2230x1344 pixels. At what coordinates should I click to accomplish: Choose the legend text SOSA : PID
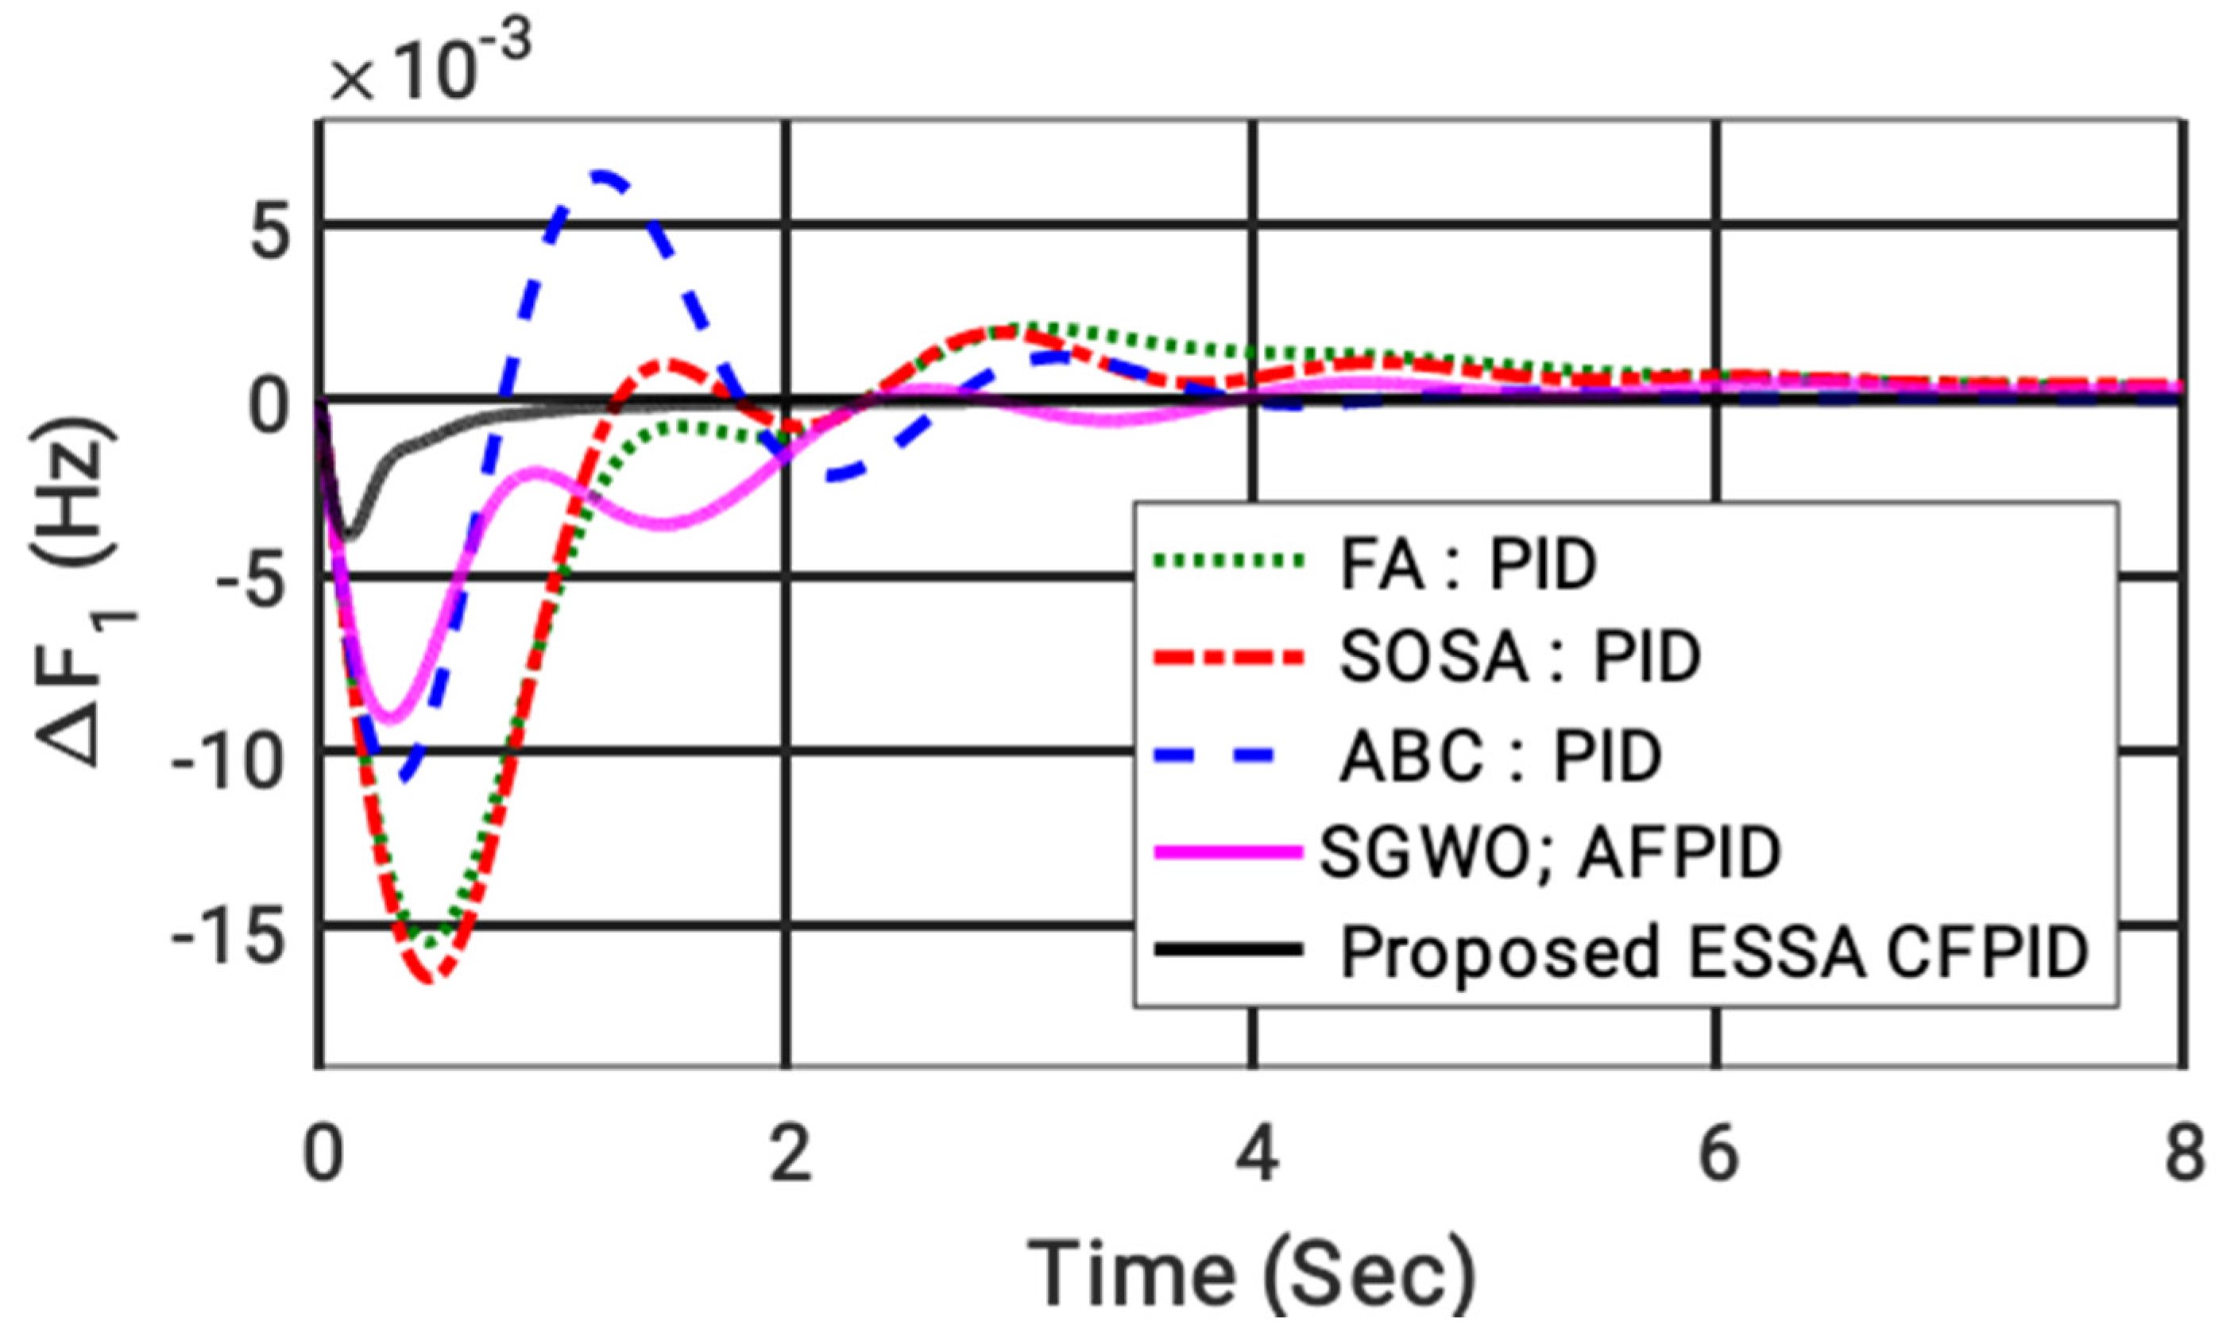click(1521, 658)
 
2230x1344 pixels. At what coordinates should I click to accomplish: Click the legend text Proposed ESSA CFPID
click(1715, 952)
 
